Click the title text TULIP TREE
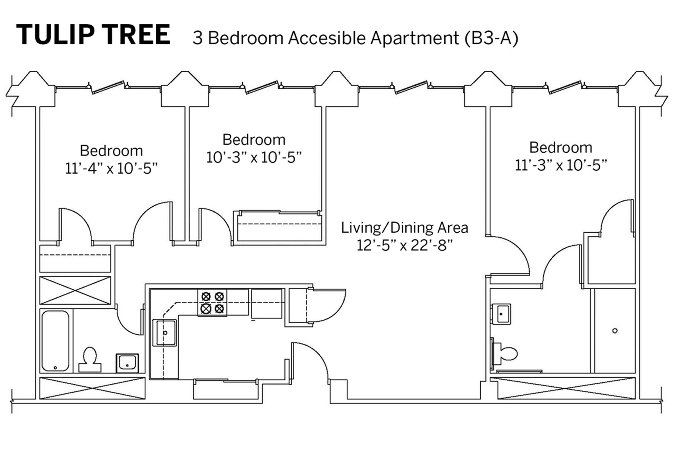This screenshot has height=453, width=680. click(93, 34)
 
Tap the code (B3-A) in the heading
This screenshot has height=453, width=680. click(491, 38)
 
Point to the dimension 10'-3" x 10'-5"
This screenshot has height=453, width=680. click(254, 157)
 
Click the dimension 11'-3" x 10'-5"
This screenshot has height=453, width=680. click(561, 166)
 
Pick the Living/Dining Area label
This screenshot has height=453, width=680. click(404, 228)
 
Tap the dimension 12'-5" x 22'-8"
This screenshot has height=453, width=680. click(404, 246)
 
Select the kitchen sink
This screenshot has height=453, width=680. click(165, 333)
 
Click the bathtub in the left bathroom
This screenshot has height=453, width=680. click(56, 341)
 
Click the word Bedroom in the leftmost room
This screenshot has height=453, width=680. click(111, 151)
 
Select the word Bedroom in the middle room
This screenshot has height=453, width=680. click(254, 140)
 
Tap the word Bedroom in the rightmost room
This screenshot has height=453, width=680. click(561, 148)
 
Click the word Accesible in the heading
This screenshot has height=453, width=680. click(327, 38)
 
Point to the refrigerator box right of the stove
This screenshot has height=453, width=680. click(267, 304)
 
